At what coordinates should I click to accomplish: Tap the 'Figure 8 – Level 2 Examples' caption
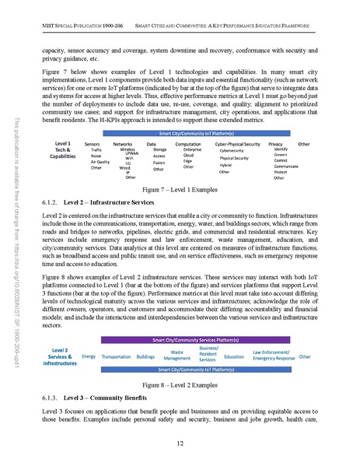[180, 385]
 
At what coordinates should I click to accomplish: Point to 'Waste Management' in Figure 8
[177, 356]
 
